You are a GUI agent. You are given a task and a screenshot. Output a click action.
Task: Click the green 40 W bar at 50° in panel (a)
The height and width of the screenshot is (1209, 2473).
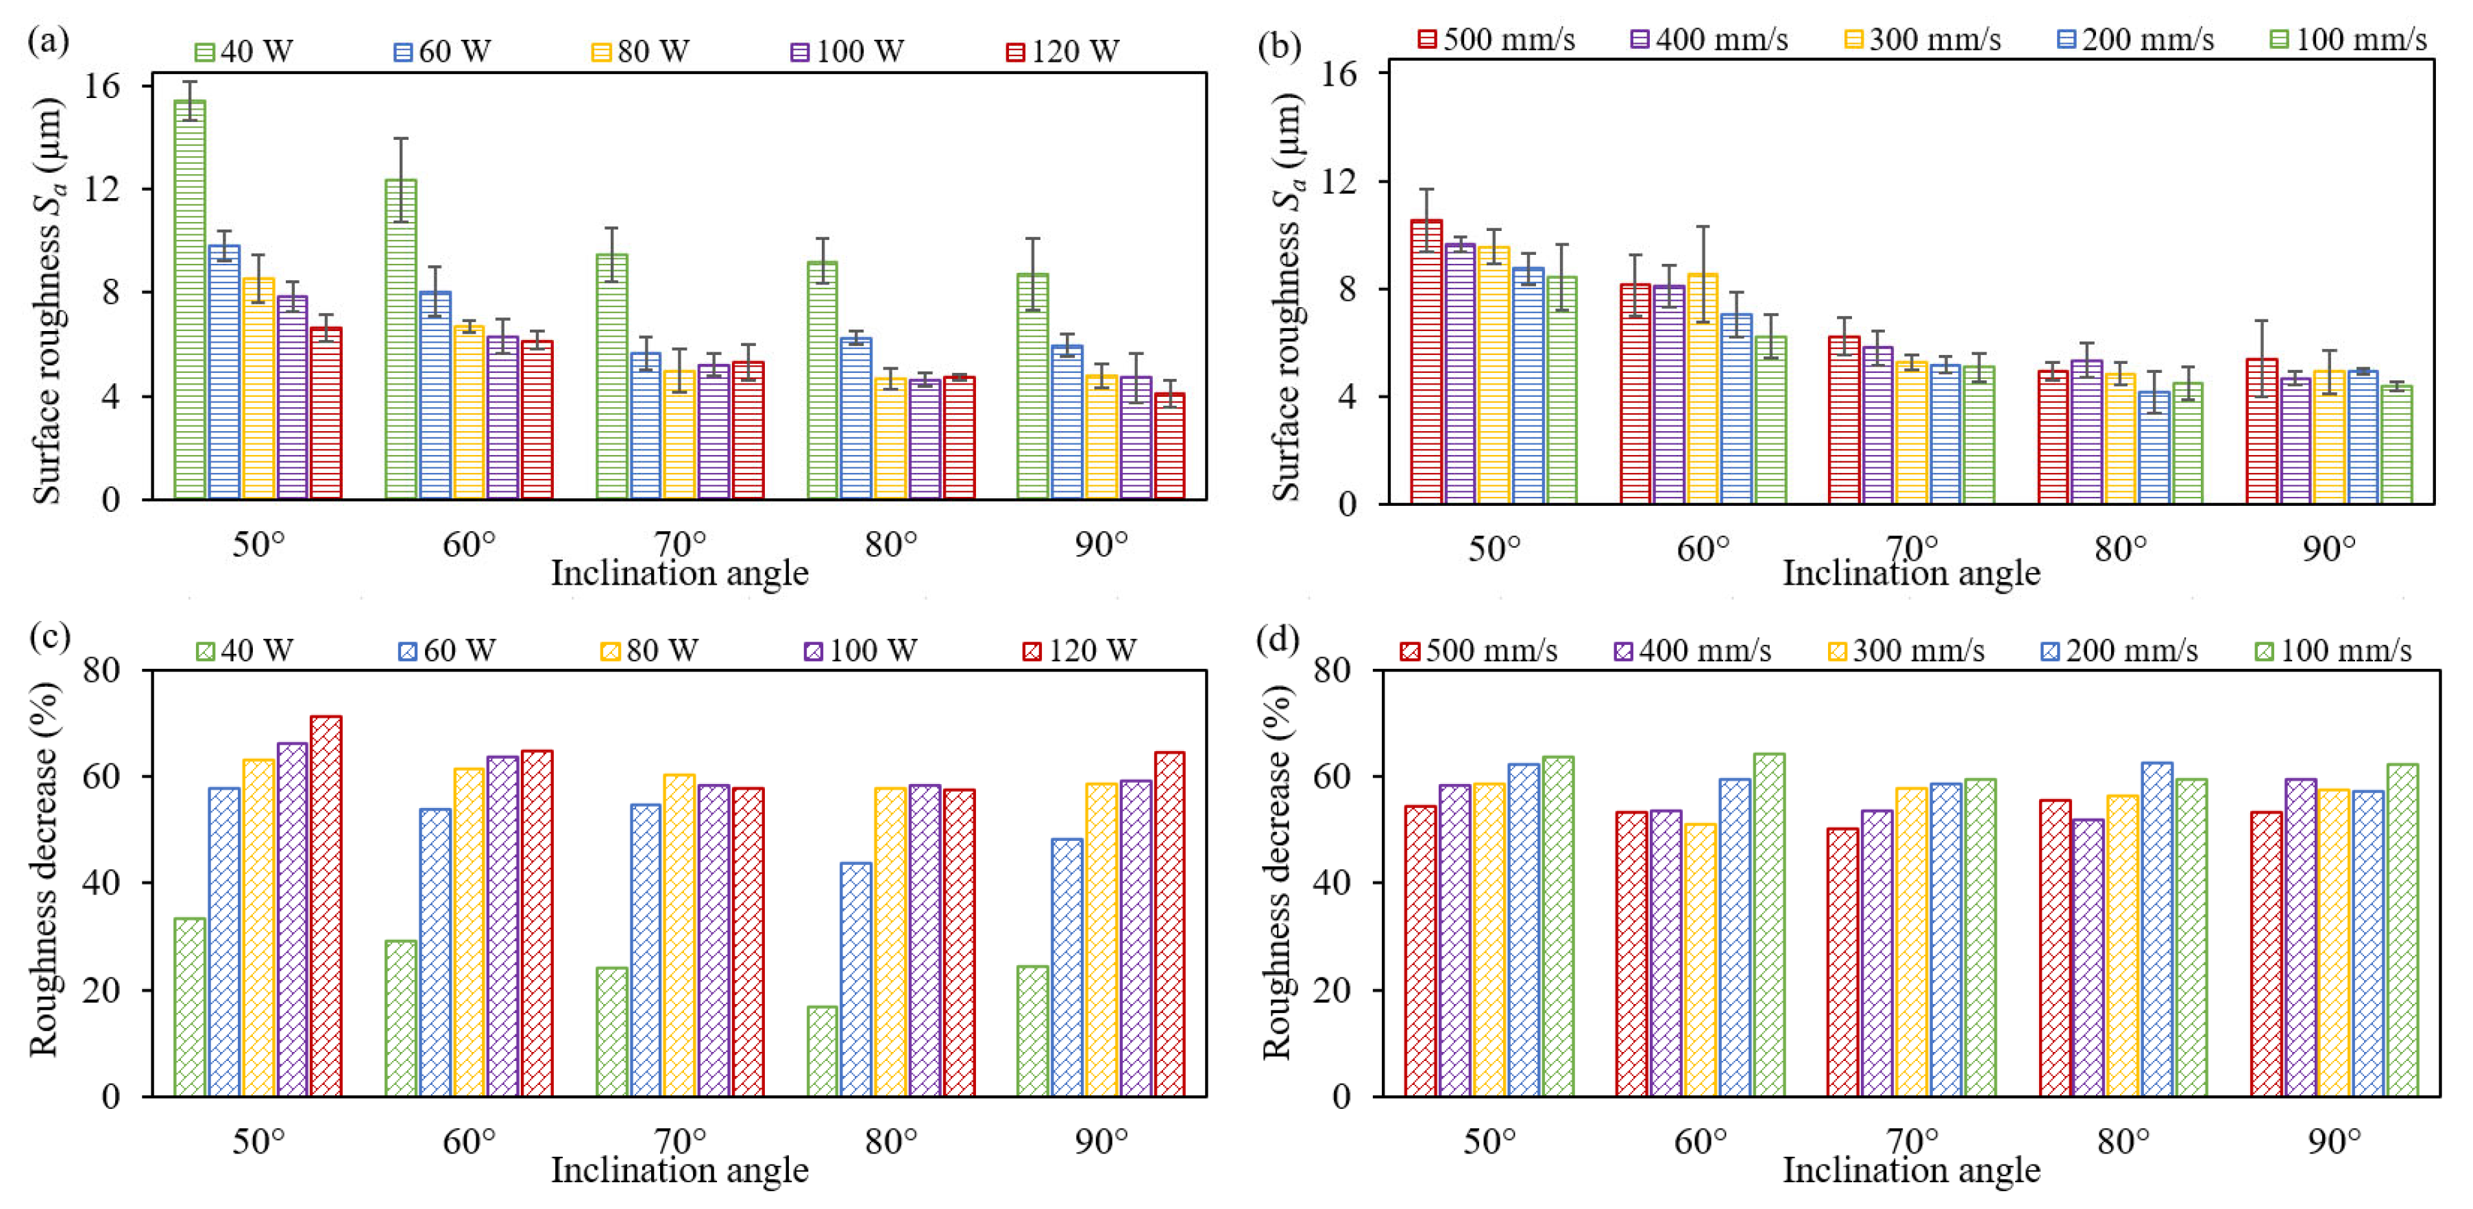point(189,300)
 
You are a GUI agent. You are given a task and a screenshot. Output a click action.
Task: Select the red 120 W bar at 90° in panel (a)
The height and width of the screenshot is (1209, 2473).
point(1169,447)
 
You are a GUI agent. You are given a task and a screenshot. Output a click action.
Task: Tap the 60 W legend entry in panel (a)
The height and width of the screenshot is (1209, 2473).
point(443,51)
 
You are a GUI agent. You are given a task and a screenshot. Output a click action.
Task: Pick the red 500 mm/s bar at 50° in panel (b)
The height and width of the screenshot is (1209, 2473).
point(1426,362)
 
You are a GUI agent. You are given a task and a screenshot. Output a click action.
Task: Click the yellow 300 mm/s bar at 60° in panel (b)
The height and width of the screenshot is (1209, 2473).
point(1702,389)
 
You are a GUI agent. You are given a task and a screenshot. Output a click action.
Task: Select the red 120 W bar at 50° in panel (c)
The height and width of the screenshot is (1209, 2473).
point(326,905)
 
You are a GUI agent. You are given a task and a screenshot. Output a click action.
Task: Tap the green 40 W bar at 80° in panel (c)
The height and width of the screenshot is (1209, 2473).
point(822,1051)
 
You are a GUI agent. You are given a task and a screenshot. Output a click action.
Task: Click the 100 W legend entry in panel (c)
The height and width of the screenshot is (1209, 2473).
point(860,650)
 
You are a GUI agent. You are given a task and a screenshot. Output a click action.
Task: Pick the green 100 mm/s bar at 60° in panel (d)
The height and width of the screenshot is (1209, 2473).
point(1769,925)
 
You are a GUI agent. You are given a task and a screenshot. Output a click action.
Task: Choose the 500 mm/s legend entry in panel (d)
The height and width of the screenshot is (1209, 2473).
point(1478,650)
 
